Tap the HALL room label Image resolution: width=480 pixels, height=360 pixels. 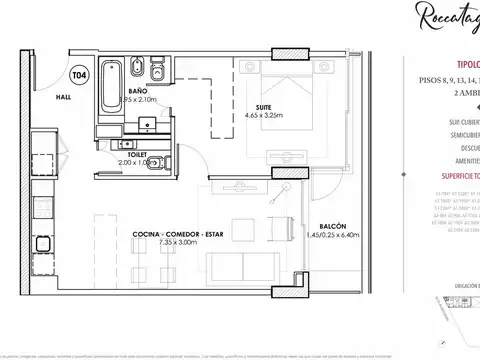click(63, 97)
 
